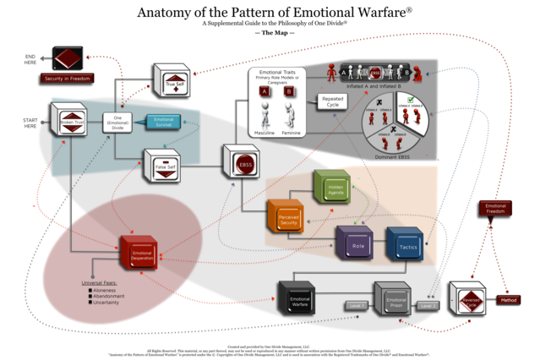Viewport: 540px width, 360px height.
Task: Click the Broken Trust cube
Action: coord(70,121)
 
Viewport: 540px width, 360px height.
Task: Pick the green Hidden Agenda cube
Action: coord(333,187)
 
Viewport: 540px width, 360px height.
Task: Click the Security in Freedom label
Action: coord(68,79)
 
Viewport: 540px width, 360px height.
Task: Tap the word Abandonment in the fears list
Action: coord(111,297)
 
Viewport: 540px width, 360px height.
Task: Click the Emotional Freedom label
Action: coord(496,208)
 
